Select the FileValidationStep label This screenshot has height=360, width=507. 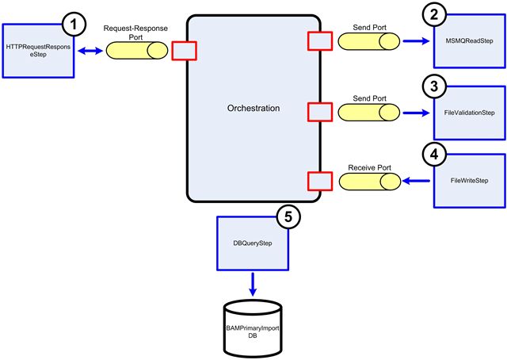pos(469,113)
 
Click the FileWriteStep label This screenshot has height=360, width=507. pos(469,181)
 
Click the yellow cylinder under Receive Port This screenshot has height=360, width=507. pos(370,182)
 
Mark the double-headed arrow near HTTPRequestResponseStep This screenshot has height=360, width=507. pos(88,50)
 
